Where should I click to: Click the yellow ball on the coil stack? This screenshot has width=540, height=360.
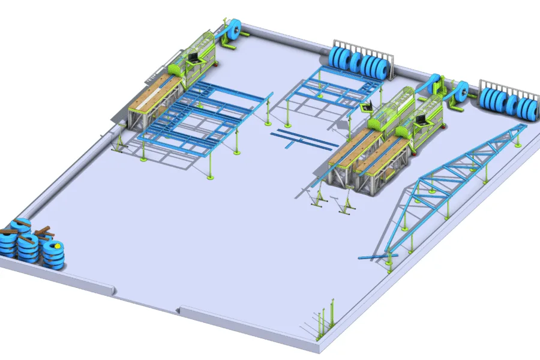(x=58, y=245)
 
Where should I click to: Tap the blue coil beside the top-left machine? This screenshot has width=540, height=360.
(x=233, y=29)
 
